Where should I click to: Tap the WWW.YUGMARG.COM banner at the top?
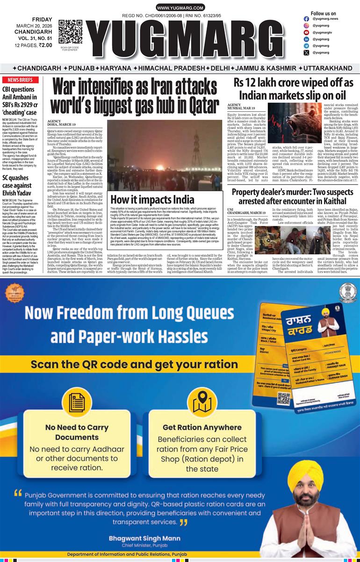click(180, 8)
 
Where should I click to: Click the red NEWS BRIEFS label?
click(20, 80)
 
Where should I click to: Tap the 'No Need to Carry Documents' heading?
click(70, 432)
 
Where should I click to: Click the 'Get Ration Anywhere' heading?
click(202, 427)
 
